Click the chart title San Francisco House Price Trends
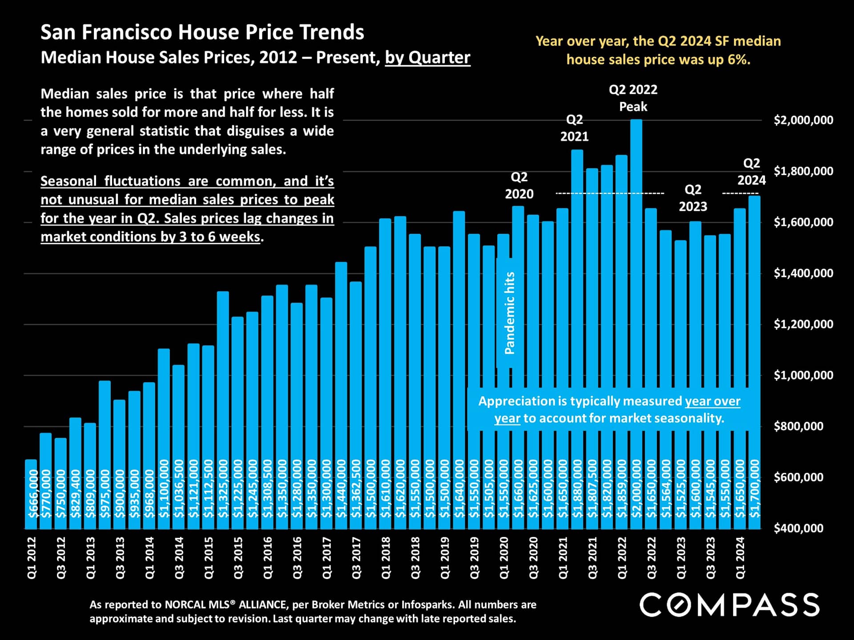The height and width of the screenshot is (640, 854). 202,32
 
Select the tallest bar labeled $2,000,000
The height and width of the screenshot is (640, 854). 636,311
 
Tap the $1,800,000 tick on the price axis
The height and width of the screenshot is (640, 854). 803,171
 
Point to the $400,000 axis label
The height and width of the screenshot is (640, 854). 798,528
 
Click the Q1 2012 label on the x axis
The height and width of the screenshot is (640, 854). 32,558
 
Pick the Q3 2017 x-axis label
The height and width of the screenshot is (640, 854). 356,558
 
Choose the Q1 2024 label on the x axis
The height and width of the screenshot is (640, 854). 740,558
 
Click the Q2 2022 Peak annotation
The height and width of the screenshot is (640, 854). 633,98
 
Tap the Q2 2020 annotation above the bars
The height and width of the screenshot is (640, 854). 519,185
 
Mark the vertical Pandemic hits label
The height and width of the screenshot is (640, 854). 510,313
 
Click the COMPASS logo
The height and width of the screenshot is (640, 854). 729,605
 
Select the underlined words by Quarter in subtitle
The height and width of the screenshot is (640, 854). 427,58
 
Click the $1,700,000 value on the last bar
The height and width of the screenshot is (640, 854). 755,489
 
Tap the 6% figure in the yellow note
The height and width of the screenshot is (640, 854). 739,60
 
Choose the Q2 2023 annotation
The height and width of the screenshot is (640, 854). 693,198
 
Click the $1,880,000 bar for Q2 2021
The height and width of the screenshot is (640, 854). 577,311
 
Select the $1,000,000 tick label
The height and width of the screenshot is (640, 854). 803,375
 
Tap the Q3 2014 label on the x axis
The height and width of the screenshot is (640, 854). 179,558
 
